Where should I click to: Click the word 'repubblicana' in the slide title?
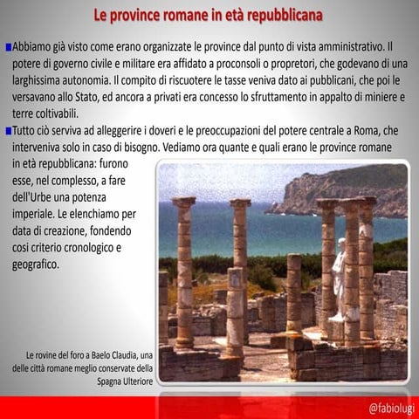(278, 16)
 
